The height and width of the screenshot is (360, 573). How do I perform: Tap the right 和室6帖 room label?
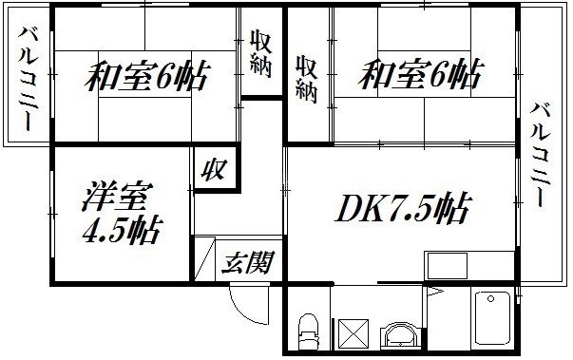[x=417, y=72]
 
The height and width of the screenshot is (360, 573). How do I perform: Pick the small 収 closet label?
[x=212, y=171]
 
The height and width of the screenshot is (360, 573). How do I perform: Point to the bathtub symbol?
[x=492, y=320]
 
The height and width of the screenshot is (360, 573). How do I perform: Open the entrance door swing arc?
[x=249, y=304]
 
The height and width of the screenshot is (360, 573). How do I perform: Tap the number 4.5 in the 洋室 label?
[x=99, y=230]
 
